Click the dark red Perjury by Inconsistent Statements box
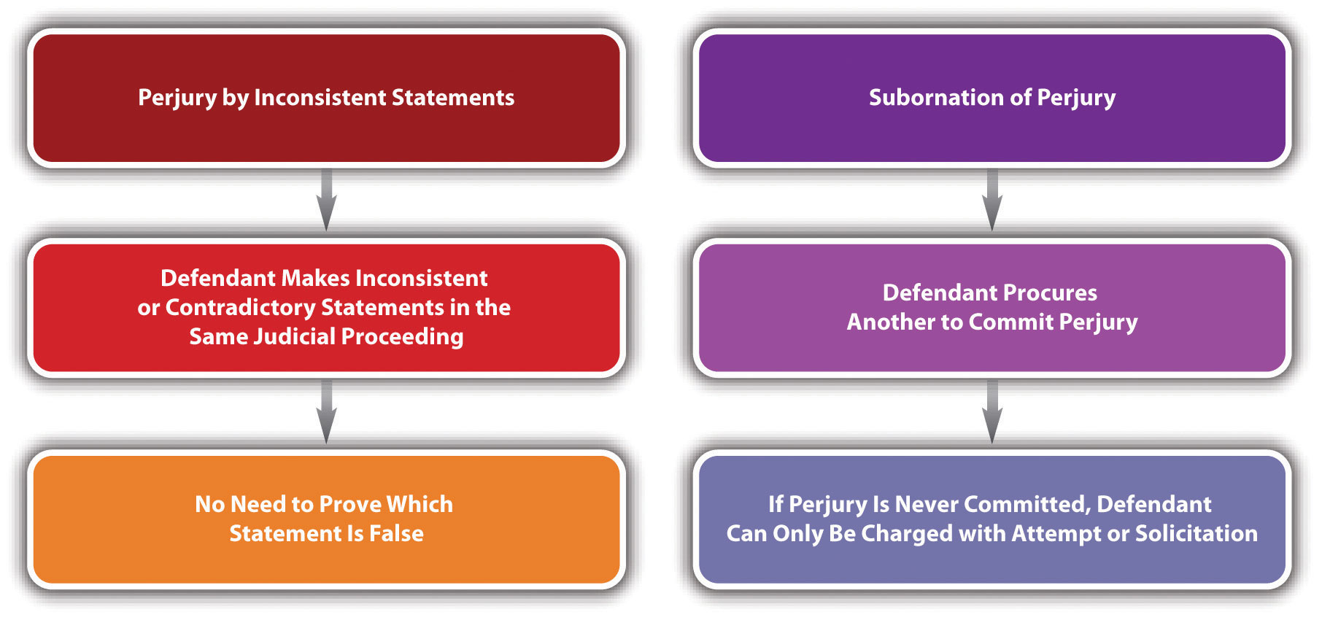tap(326, 98)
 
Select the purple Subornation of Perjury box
tap(992, 98)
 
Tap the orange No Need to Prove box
tap(326, 519)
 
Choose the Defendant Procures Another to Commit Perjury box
tap(992, 308)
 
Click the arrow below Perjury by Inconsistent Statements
tap(326, 200)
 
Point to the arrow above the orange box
tap(326, 411)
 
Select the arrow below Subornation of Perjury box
tap(992, 200)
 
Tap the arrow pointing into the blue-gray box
tap(992, 411)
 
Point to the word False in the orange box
tap(396, 533)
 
